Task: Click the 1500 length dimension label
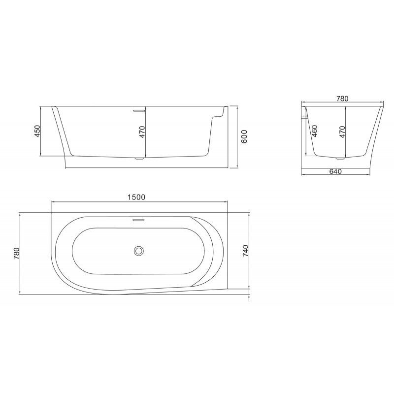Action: click(x=136, y=197)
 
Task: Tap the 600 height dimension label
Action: click(x=244, y=136)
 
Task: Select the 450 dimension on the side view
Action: click(x=37, y=131)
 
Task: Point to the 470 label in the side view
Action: click(x=142, y=131)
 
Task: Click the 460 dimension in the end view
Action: click(x=314, y=131)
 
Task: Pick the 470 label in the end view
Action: click(x=342, y=131)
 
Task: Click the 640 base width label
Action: click(x=335, y=171)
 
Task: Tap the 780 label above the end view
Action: click(x=342, y=99)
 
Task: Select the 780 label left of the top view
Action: click(x=16, y=254)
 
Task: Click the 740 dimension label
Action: click(x=245, y=251)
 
